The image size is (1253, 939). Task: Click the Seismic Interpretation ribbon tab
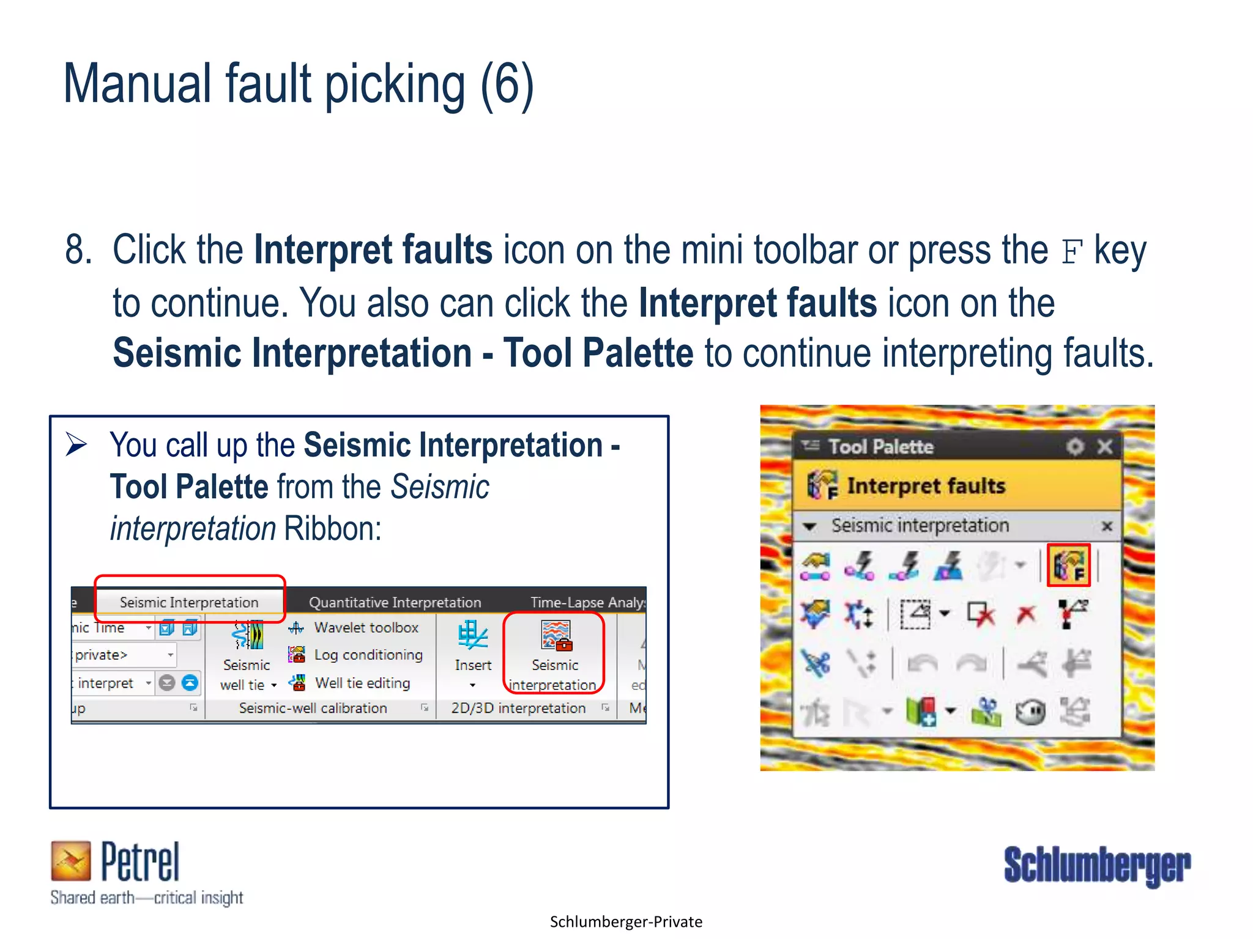(x=188, y=602)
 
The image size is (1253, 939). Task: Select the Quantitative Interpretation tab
(x=395, y=602)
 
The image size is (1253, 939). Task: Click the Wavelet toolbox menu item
(x=365, y=627)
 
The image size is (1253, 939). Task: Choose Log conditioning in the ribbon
(x=368, y=655)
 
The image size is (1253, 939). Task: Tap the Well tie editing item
(x=362, y=683)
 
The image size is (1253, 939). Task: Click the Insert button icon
(x=472, y=636)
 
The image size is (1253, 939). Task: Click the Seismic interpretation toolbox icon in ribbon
(x=556, y=636)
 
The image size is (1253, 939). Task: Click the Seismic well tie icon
(x=247, y=636)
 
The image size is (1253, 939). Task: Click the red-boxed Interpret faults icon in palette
(x=1068, y=565)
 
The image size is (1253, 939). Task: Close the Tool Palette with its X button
(x=1105, y=447)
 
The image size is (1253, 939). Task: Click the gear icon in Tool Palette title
(x=1075, y=447)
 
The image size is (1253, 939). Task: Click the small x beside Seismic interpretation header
(x=1107, y=526)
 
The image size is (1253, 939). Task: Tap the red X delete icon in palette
(x=1026, y=614)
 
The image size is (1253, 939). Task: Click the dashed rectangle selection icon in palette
(x=915, y=614)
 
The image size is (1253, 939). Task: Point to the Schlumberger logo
(x=1097, y=865)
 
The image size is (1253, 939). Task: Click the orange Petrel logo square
(x=70, y=861)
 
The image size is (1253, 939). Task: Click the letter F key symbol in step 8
(x=1071, y=252)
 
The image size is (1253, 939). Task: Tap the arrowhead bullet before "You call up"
(x=76, y=444)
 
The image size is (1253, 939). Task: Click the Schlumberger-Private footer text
(x=626, y=922)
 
